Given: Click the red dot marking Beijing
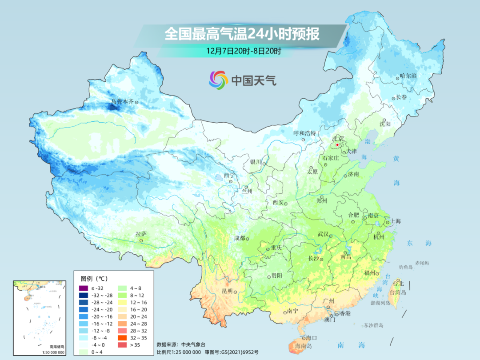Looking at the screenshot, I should tap(338, 145).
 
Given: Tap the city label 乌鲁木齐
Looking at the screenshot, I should tap(122, 102).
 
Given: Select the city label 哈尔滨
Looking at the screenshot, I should tap(408, 76).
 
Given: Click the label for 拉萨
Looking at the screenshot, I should tap(141, 234).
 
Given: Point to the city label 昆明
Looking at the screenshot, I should tap(227, 291).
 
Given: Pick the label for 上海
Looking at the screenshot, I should tap(395, 221).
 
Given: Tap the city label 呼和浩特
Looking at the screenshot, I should tap(304, 133).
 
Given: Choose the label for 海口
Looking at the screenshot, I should tap(312, 338).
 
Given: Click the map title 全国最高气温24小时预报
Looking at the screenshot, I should tap(242, 34).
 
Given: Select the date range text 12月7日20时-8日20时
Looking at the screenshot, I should tap(243, 51).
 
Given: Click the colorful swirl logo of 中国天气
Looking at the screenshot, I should tap(218, 80).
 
